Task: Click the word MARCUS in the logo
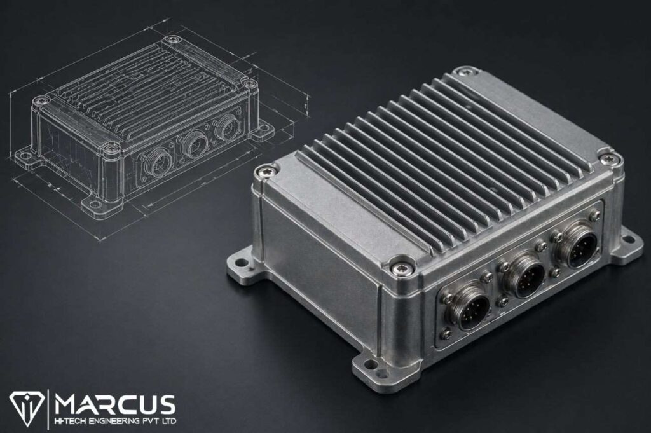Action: point(114,404)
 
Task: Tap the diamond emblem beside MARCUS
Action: point(27,408)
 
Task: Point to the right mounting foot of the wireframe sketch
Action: point(263,132)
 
